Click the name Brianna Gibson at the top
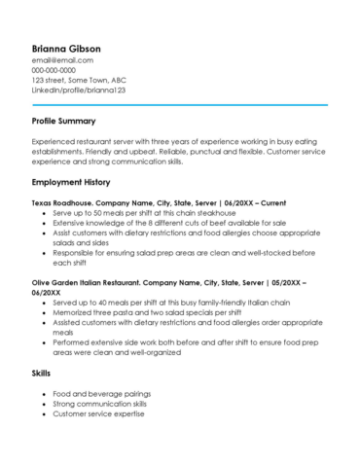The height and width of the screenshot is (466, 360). coord(66,48)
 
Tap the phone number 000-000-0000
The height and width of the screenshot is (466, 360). coord(54,70)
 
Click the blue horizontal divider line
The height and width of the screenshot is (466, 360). coord(179,104)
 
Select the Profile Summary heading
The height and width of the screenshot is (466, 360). coord(63,122)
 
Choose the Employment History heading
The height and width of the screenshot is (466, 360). coord(71,182)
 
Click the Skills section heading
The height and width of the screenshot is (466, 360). coord(43,374)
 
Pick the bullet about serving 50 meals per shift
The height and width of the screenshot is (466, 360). coord(144,212)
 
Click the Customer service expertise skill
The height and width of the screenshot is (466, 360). coord(98,413)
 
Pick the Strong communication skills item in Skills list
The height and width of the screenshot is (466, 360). coord(100,404)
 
